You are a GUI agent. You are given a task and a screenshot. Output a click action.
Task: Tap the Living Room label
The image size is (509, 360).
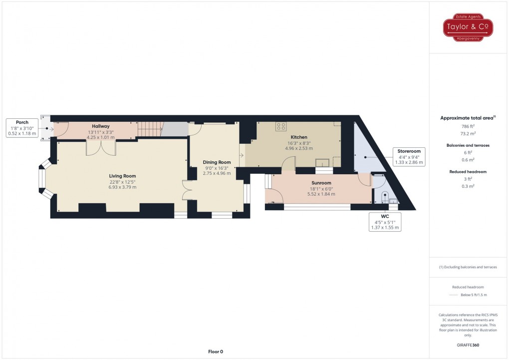click(x=122, y=176)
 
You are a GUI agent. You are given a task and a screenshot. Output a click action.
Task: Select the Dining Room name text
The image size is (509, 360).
click(x=217, y=162)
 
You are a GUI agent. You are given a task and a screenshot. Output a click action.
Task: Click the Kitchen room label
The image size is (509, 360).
click(x=298, y=137)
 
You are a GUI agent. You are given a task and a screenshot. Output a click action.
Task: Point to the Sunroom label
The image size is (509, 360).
click(x=321, y=183)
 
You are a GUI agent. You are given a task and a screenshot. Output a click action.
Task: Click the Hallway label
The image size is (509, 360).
click(x=101, y=126)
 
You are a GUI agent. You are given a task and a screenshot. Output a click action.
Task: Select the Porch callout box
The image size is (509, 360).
click(x=22, y=128)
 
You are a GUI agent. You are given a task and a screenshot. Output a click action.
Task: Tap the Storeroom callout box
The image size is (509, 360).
click(x=409, y=157)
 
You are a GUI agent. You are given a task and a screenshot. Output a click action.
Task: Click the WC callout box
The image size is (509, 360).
click(x=385, y=222)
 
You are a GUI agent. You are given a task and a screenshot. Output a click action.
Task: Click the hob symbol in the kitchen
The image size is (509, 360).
click(x=281, y=126)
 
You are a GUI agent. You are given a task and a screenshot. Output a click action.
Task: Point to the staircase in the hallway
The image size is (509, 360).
click(x=150, y=129)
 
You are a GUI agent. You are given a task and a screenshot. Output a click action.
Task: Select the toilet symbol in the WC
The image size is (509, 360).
click(x=385, y=197)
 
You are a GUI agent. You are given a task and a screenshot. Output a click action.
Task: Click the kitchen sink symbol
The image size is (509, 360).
click(x=322, y=162)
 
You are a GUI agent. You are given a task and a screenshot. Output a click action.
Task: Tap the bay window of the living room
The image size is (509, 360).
click(x=46, y=178)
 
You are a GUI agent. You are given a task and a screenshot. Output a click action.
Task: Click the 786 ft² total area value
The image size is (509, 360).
click(x=468, y=126)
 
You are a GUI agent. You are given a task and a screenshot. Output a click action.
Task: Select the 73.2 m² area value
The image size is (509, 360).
click(x=468, y=133)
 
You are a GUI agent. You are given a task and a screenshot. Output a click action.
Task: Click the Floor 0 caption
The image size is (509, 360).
click(x=216, y=352)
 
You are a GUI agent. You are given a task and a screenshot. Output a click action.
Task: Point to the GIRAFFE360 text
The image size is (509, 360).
click(x=468, y=345)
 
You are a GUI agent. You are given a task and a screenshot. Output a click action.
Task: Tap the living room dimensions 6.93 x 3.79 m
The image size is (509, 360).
click(x=122, y=187)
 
